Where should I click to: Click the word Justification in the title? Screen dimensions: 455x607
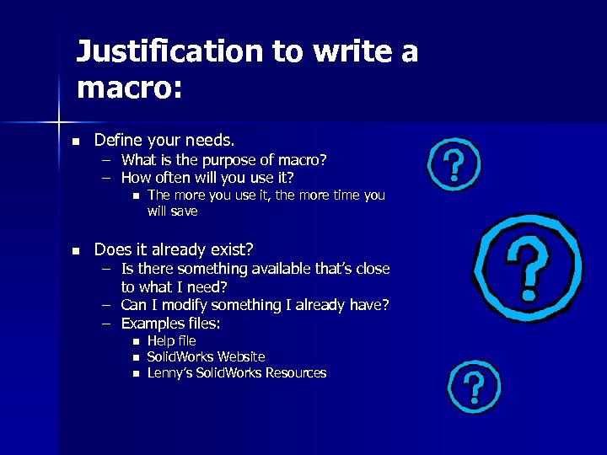(x=169, y=52)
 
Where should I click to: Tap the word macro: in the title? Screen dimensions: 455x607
(x=129, y=87)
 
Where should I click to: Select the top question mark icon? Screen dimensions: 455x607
(x=454, y=163)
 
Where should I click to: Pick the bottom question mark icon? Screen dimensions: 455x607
(x=474, y=387)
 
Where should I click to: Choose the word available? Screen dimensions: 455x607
(x=279, y=269)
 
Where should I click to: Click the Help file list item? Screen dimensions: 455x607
(x=171, y=341)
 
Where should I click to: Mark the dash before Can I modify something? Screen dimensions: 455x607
(x=107, y=305)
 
